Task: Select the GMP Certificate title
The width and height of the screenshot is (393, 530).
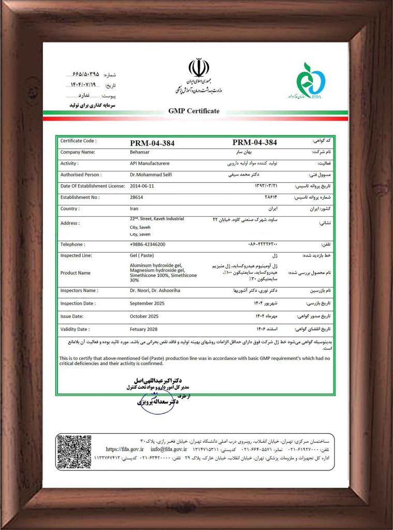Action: point(194,111)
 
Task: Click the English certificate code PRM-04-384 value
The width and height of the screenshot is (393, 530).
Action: point(152,142)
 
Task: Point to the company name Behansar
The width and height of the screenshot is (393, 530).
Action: point(139,153)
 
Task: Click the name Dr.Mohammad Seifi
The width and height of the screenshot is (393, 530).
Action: point(151,175)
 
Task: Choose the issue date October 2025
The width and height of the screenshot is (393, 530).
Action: point(146,316)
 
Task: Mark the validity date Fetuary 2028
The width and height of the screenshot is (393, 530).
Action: point(146,329)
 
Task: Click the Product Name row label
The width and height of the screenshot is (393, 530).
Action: point(75,273)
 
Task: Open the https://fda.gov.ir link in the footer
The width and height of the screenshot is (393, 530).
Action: point(124,449)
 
